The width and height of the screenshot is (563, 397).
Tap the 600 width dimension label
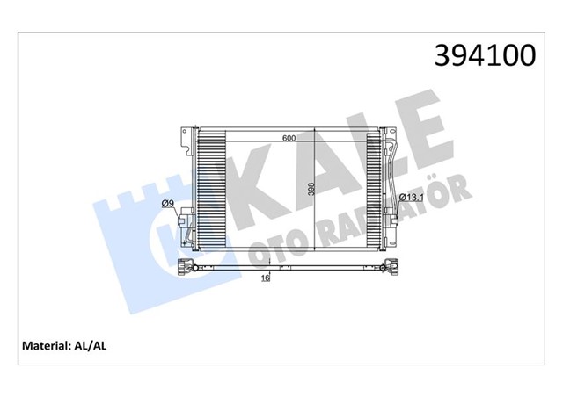click(289, 139)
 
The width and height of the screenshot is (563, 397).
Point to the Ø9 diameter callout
click(168, 205)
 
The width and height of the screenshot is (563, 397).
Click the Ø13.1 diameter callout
click(412, 198)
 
